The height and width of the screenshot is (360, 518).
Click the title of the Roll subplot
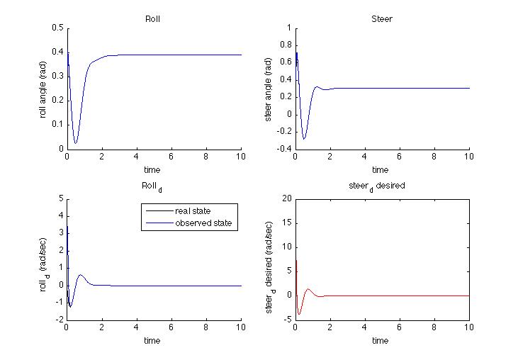click(x=152, y=19)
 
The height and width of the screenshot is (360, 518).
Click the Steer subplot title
click(x=381, y=19)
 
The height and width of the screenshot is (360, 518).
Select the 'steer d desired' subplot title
click(x=381, y=186)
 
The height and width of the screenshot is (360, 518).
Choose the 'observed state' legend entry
click(x=198, y=223)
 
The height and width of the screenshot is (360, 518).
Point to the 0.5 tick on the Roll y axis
click(x=58, y=28)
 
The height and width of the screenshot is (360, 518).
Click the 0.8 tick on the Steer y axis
click(x=286, y=45)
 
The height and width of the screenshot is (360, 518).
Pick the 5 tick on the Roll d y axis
click(x=61, y=198)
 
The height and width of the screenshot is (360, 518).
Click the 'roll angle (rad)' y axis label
click(x=43, y=88)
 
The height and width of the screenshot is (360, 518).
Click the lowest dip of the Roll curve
click(x=75, y=143)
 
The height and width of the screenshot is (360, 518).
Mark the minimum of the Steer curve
click(x=305, y=139)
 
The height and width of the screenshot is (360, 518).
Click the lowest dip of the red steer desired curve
click(x=300, y=314)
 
